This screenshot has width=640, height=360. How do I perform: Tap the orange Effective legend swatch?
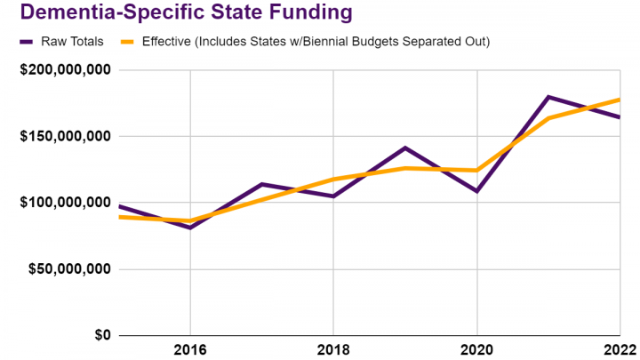click(132, 41)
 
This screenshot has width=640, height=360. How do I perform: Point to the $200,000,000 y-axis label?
click(65, 70)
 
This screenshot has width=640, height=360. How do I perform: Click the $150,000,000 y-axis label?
click(65, 137)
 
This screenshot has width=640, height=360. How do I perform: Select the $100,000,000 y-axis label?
click(65, 203)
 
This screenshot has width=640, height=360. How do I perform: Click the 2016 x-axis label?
click(190, 350)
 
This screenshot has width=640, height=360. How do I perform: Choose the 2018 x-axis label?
click(333, 350)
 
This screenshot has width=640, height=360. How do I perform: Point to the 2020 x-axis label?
click(477, 350)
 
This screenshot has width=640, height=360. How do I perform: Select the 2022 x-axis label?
click(620, 350)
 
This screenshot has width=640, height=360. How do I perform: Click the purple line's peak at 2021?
click(548, 97)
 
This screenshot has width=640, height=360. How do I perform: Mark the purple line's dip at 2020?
click(477, 191)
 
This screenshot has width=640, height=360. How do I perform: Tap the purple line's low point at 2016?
click(190, 228)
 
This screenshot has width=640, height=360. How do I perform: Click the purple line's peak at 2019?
click(405, 148)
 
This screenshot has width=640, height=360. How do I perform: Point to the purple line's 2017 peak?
click(261, 184)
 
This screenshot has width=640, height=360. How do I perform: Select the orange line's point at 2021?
click(548, 118)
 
